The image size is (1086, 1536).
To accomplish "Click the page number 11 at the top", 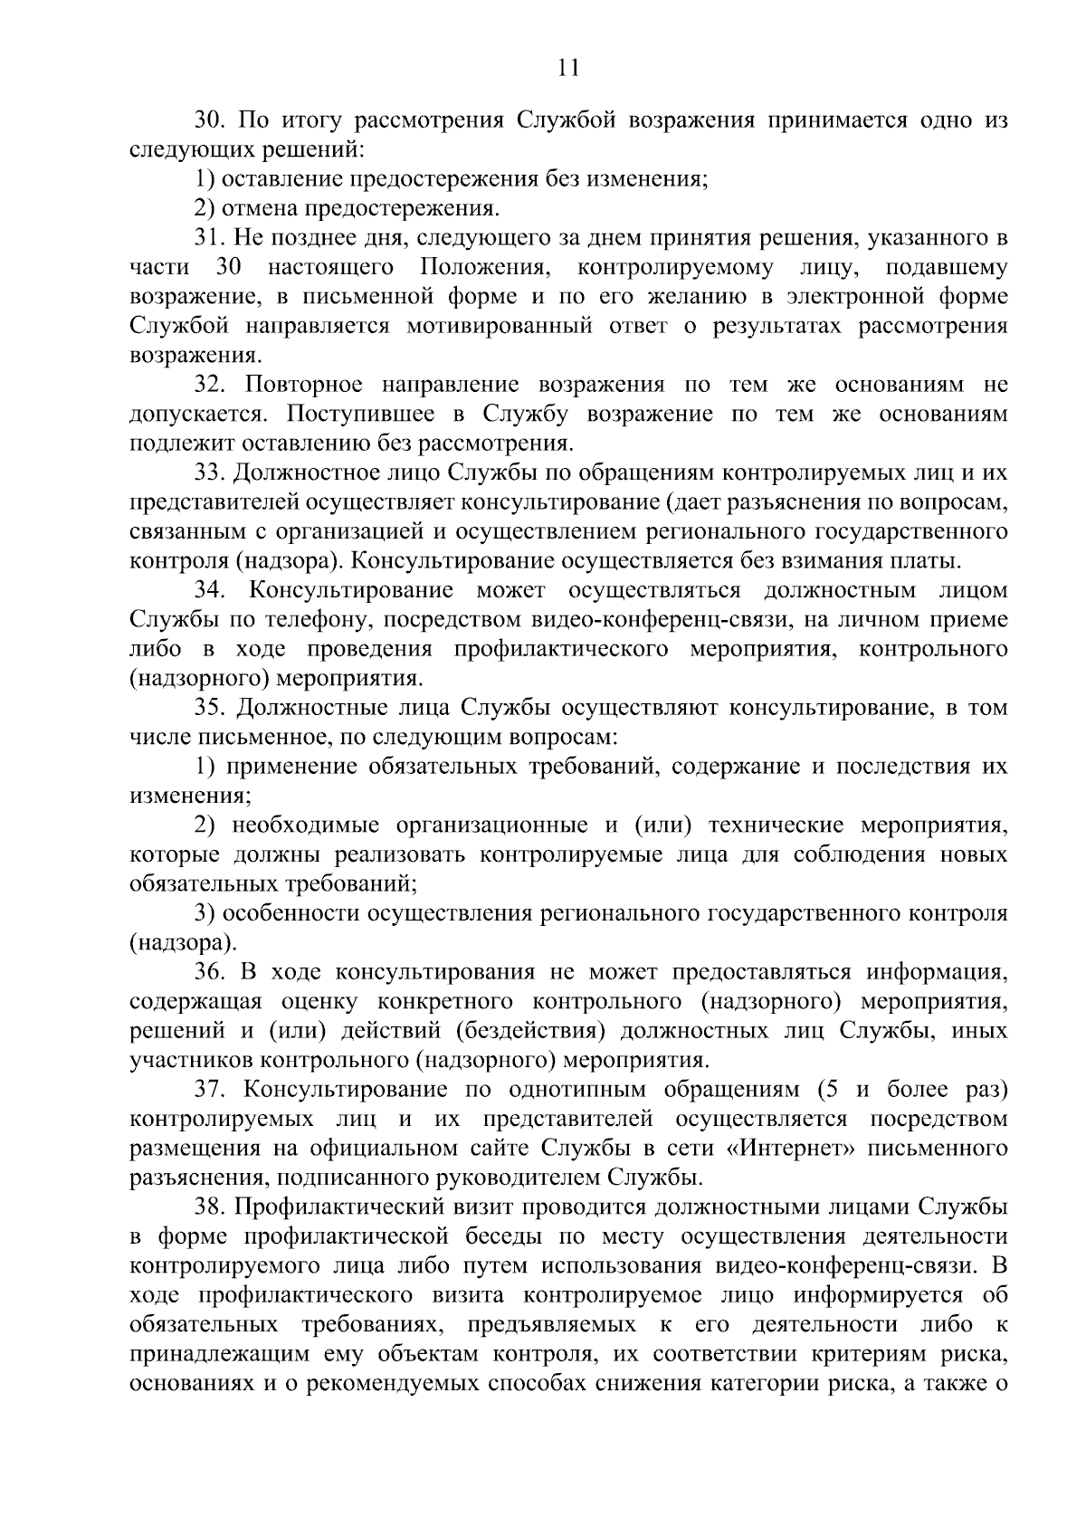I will (568, 69).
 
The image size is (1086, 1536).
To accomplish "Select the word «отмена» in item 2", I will (260, 209).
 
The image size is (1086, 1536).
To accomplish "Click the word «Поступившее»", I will (352, 415).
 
